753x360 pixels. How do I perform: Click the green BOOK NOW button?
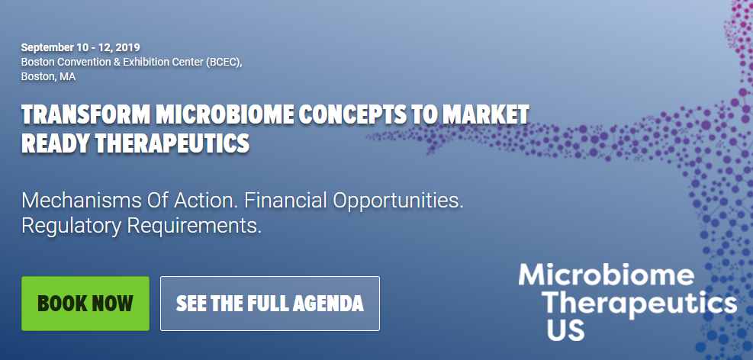click(x=85, y=304)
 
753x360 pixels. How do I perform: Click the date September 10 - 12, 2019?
click(x=80, y=47)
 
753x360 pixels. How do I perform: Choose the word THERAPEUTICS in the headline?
click(x=170, y=143)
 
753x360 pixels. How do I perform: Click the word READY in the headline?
click(x=54, y=143)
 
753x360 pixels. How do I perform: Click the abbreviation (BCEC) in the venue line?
click(x=223, y=62)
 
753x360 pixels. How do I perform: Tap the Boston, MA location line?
click(x=48, y=76)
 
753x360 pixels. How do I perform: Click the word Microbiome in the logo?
click(x=607, y=275)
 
